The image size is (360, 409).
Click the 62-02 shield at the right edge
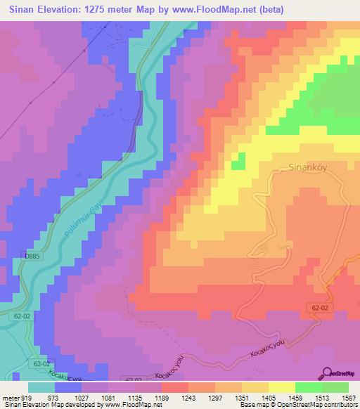[x=319, y=308]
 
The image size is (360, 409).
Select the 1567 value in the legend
[x=349, y=397]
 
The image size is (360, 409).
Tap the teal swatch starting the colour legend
[x=42, y=387]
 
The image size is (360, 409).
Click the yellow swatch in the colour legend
[x=281, y=387]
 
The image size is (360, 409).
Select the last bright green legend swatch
[x=335, y=387]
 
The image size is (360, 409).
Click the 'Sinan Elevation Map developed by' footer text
[x=53, y=405]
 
